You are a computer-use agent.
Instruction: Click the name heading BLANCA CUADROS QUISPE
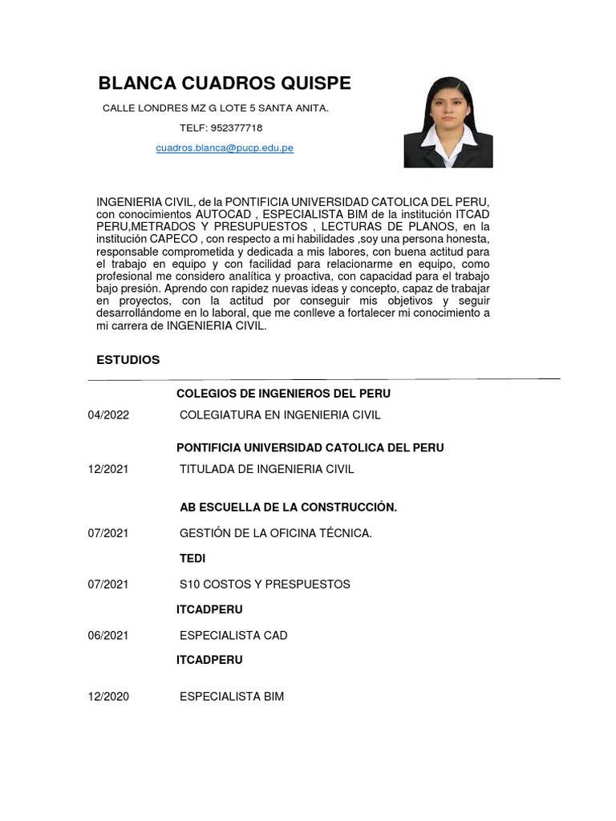[x=224, y=83]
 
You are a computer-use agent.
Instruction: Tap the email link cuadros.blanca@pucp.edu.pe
[x=225, y=148]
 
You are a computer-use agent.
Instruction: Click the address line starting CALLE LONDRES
[x=216, y=107]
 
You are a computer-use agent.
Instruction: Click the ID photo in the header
[x=448, y=122]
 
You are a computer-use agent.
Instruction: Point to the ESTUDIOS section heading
[x=128, y=360]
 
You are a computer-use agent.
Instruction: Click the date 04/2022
[x=108, y=415]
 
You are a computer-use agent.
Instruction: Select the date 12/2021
[x=108, y=468]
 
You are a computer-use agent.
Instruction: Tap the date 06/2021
[x=108, y=635]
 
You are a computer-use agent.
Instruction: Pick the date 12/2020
[x=108, y=697]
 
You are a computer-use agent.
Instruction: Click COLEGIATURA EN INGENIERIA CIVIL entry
[x=280, y=415]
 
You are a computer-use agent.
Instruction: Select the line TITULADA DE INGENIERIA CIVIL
[x=266, y=468]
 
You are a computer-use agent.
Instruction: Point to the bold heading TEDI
[x=192, y=558]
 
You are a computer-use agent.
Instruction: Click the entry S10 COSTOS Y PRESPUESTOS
[x=265, y=584]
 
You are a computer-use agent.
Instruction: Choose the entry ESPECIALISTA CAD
[x=233, y=635]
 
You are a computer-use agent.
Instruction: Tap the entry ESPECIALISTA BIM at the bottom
[x=232, y=697]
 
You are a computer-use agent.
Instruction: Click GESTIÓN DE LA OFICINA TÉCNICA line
[x=276, y=533]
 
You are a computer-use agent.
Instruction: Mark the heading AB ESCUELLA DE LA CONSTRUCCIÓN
[x=288, y=508]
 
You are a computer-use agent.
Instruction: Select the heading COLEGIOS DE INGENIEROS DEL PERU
[x=283, y=394]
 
